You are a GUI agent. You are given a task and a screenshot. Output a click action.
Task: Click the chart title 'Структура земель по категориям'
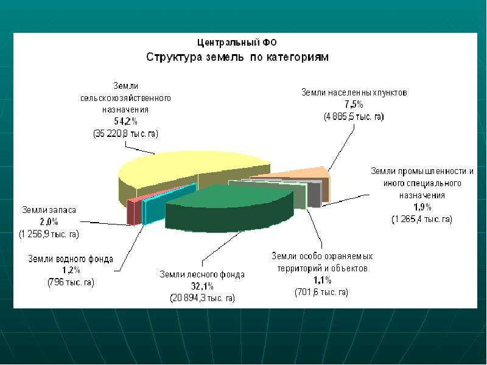(237, 57)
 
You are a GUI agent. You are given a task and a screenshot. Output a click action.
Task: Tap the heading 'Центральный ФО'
(237, 42)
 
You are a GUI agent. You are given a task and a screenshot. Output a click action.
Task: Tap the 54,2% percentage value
(125, 121)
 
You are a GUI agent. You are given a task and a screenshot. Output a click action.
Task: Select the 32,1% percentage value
(202, 286)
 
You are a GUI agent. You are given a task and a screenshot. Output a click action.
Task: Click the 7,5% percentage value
(354, 104)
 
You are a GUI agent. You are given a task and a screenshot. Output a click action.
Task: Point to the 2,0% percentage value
(49, 221)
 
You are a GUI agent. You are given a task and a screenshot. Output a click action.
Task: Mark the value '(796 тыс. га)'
(71, 282)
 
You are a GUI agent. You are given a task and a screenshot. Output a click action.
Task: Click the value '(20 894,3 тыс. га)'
(202, 298)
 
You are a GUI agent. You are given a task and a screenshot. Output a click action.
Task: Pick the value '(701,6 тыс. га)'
(321, 292)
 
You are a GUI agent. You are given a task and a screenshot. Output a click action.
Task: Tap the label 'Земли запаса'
(49, 210)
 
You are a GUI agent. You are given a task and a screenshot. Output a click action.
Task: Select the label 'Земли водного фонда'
(71, 259)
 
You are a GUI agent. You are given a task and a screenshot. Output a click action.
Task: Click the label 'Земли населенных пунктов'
(354, 92)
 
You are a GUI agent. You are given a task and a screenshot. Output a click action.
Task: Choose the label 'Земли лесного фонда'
(202, 274)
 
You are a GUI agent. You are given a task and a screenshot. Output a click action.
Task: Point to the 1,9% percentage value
(422, 207)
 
